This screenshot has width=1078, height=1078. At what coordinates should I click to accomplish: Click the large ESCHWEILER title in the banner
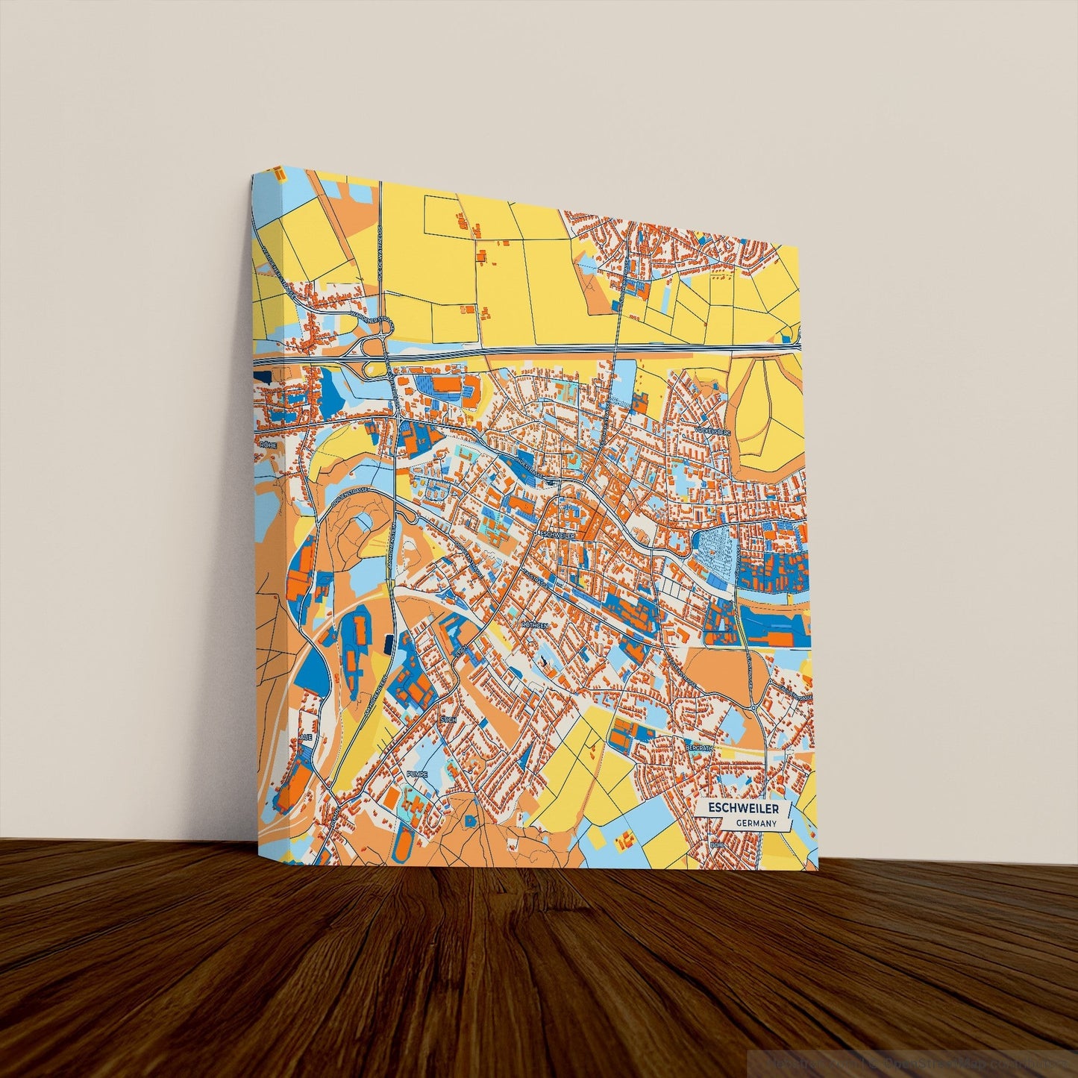click(743, 809)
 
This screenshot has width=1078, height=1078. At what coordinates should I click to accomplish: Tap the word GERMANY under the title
click(756, 824)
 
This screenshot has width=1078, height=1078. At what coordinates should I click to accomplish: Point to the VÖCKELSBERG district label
click(712, 432)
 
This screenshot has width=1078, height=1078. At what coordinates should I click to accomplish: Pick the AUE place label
click(304, 737)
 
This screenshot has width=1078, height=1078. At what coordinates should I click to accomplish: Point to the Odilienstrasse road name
click(349, 495)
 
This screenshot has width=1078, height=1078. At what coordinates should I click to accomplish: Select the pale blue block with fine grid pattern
click(716, 551)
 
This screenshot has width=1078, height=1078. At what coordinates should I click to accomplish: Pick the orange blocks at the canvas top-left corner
click(280, 174)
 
